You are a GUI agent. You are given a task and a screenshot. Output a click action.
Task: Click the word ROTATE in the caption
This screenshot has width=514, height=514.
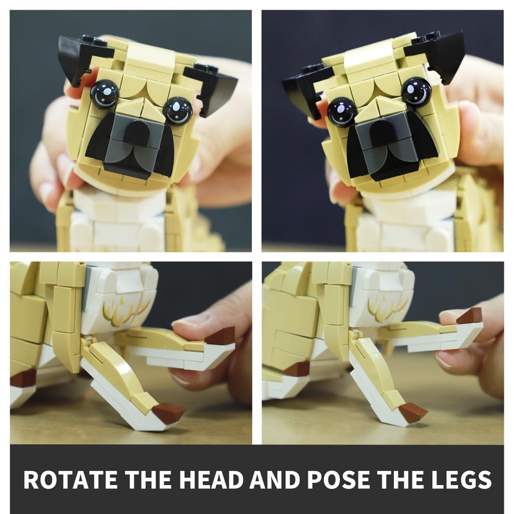70,479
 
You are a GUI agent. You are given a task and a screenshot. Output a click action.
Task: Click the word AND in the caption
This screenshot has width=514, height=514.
274,479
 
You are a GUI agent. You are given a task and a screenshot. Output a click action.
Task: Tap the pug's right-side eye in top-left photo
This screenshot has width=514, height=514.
177,110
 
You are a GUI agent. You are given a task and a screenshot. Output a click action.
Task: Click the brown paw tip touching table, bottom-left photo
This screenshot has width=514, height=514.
169,411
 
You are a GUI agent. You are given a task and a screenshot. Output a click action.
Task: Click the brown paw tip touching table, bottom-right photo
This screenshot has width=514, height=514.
413,411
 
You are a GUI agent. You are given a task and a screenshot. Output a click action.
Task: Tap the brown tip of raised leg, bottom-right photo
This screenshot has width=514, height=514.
470,315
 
